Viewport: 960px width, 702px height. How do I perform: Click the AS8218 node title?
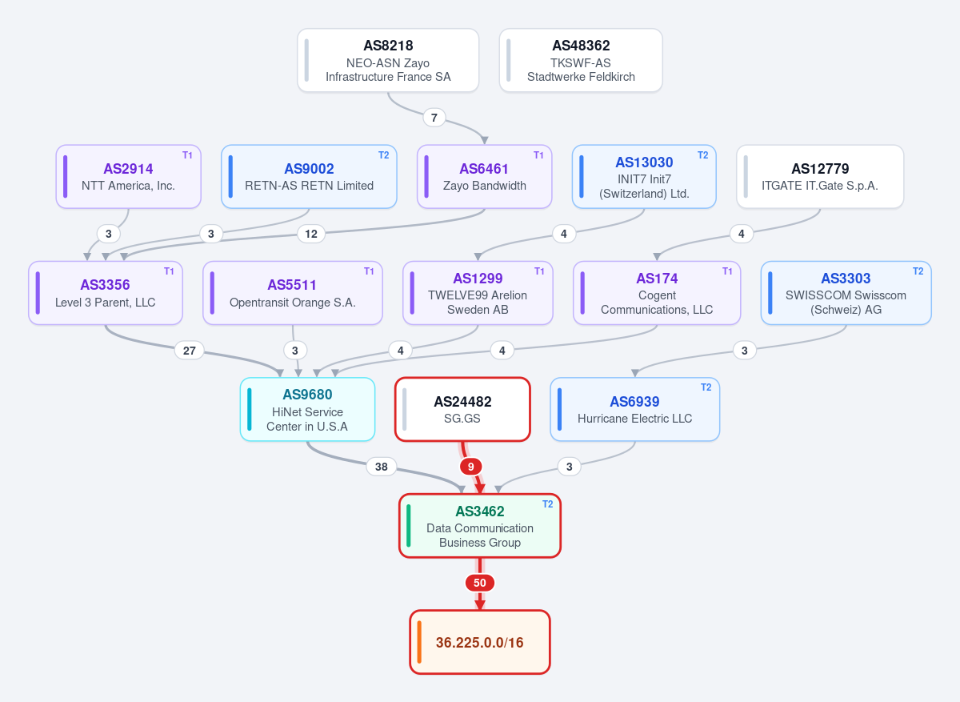click(388, 46)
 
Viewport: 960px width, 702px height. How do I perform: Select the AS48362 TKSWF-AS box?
click(581, 60)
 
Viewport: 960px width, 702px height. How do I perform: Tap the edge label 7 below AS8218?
click(434, 118)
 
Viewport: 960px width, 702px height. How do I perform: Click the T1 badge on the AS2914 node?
click(187, 155)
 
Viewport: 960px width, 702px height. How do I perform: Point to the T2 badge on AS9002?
click(383, 155)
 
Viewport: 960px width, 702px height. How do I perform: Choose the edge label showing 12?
click(311, 235)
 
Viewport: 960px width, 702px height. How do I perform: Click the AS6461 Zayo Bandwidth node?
click(484, 177)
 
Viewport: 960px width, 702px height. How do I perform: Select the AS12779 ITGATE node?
click(820, 177)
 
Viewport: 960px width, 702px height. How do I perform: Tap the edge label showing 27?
click(190, 351)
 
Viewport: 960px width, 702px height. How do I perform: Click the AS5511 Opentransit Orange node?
click(293, 293)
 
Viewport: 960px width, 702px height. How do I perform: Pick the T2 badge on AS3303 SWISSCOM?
click(918, 271)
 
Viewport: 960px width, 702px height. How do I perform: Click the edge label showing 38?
click(382, 467)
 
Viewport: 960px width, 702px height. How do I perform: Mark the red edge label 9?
click(471, 467)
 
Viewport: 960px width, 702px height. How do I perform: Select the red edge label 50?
click(480, 583)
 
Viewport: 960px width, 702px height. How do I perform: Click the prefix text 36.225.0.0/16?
click(479, 643)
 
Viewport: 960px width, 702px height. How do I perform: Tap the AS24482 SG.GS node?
click(462, 409)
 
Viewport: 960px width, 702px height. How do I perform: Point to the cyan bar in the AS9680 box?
click(250, 409)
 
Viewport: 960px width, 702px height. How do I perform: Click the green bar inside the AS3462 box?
click(409, 526)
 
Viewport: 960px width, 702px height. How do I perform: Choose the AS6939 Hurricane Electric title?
click(634, 402)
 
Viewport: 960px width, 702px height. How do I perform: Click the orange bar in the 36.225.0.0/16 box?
click(419, 642)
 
